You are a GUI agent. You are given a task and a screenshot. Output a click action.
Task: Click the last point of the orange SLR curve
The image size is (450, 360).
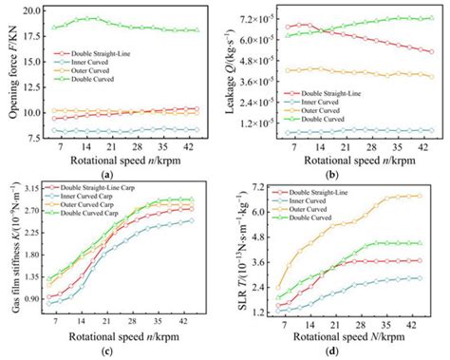421,197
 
